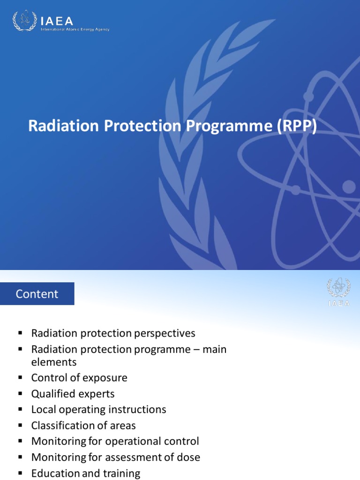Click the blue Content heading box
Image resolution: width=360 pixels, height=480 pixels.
[x=37, y=294]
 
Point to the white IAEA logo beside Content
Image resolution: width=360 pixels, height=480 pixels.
[x=338, y=292]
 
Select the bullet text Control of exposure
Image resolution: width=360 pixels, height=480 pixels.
[x=79, y=378]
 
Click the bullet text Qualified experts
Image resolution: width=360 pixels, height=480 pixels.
[x=73, y=394]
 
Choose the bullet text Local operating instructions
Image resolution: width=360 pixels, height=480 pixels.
[x=98, y=410]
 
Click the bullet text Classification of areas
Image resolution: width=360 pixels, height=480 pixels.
[x=83, y=426]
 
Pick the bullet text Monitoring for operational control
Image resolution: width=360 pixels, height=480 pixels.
[x=115, y=442]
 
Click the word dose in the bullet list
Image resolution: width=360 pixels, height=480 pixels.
[x=190, y=457]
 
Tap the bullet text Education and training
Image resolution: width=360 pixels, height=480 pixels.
[x=85, y=473]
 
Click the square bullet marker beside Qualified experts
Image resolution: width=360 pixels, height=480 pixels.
[x=20, y=394]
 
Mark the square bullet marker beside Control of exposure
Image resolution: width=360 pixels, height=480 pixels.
[x=20, y=378]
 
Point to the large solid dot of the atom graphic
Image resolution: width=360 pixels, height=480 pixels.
[x=349, y=187]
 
